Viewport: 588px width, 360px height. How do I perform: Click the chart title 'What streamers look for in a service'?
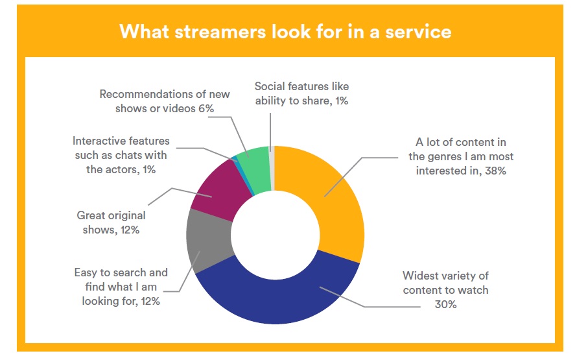[285, 32]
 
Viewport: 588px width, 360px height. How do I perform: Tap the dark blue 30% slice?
[277, 296]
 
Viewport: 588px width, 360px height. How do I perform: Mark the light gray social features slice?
[272, 168]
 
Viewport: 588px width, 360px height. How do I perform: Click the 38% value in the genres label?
[495, 171]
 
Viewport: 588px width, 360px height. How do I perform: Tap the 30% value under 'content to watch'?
[445, 304]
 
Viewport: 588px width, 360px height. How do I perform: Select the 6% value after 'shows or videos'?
[206, 108]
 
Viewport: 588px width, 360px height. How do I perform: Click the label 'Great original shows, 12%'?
[111, 222]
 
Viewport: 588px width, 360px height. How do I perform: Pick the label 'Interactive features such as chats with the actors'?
[121, 155]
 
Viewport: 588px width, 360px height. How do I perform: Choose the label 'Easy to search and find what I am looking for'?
[121, 287]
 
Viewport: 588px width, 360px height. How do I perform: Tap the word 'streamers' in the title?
[221, 32]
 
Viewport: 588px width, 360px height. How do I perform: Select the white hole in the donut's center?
[276, 235]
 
